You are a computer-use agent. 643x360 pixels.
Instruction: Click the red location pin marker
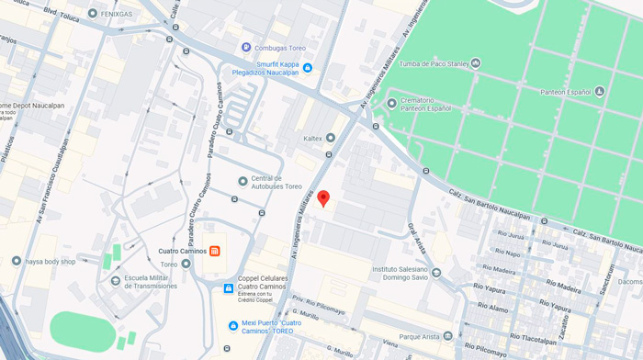click(323, 198)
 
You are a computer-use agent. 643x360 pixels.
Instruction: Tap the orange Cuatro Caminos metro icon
click(214, 251)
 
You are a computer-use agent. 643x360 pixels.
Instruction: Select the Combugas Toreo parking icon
click(246, 47)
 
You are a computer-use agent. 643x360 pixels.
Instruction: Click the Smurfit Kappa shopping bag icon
click(308, 67)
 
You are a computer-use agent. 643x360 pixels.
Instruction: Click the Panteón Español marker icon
click(600, 91)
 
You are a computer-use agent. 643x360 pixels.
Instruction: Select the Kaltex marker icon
click(330, 138)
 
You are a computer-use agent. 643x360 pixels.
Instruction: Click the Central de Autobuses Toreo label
click(276, 182)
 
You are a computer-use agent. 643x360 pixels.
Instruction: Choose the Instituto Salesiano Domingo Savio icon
click(435, 272)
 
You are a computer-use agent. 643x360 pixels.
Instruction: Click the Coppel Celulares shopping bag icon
click(229, 288)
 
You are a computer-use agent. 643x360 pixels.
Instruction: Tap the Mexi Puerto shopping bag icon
click(233, 326)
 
